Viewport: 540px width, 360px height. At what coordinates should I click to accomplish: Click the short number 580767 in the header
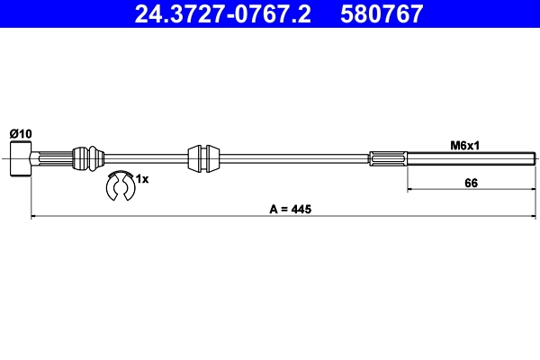pyautogui.click(x=379, y=13)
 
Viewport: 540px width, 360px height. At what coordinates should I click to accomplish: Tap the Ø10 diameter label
pyautogui.click(x=20, y=133)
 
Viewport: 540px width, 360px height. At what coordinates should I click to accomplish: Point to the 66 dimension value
pyautogui.click(x=470, y=183)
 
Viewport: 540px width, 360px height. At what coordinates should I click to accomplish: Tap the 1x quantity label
pyautogui.click(x=141, y=179)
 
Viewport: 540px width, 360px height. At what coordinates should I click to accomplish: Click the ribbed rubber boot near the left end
pyautogui.click(x=87, y=157)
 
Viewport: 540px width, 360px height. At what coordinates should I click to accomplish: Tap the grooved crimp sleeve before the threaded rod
pyautogui.click(x=387, y=158)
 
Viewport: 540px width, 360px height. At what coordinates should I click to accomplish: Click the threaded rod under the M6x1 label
pyautogui.click(x=468, y=158)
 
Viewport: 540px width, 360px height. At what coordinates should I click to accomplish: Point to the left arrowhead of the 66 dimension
pyautogui.click(x=410, y=190)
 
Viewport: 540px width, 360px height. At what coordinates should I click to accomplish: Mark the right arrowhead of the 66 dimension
pyautogui.click(x=529, y=190)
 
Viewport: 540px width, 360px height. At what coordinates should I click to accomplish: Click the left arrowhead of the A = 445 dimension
pyautogui.click(x=34, y=216)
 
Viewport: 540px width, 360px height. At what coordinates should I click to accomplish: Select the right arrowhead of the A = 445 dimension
pyautogui.click(x=529, y=216)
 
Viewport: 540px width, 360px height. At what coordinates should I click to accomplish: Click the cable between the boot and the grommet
pyautogui.click(x=144, y=158)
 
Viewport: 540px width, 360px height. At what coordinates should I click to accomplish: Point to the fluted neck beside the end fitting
pyautogui.click(x=49, y=158)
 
